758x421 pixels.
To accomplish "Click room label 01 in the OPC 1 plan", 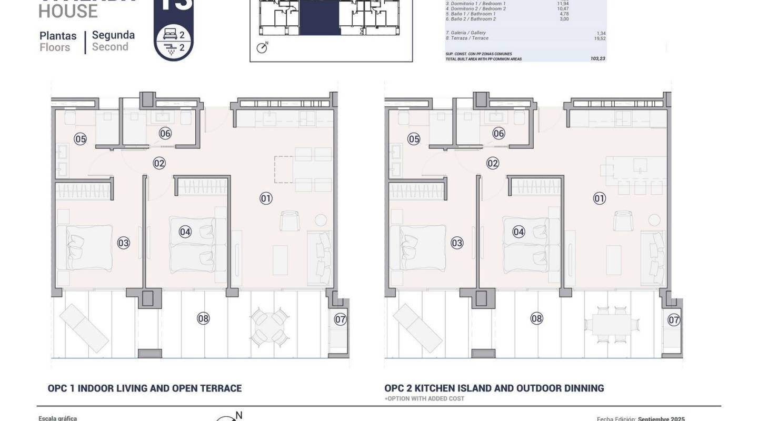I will click(266, 198).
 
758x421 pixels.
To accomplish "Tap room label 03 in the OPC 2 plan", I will click(457, 243).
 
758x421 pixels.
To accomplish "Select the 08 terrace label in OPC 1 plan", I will click(203, 318).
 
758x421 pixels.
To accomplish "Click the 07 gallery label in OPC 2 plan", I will click(674, 319).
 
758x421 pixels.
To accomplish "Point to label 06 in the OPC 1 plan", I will click(165, 133).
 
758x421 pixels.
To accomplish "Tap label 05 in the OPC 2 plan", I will click(414, 139).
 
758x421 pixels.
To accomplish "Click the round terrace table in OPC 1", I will click(269, 326).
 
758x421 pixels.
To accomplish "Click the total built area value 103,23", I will click(598, 59).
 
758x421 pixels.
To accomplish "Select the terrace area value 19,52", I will click(600, 38).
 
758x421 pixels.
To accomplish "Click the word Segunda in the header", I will click(113, 35).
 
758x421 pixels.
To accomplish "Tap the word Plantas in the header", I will click(58, 36).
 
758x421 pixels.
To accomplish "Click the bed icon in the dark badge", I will click(169, 35).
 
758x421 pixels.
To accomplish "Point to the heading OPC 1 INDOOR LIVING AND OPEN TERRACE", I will click(145, 388).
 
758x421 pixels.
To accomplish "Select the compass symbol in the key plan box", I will click(262, 47).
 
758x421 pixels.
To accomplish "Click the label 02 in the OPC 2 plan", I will click(493, 163).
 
